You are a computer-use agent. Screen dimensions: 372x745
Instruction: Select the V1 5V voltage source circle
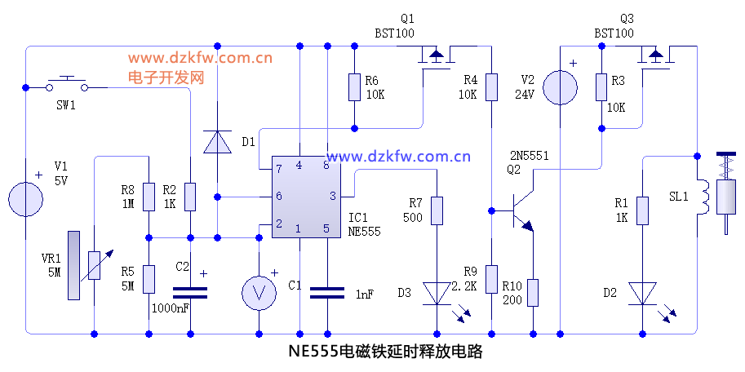[25, 199]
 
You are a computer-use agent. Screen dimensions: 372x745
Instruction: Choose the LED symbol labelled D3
[437, 293]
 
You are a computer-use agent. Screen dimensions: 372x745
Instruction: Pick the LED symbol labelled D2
[642, 293]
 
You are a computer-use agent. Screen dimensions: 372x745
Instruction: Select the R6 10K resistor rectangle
[354, 87]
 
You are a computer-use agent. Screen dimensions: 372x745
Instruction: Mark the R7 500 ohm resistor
[437, 210]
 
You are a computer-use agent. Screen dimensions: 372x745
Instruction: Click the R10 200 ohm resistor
[532, 292]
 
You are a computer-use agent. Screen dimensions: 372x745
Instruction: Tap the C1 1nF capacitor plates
[327, 293]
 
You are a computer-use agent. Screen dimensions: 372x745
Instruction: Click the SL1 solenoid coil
[700, 196]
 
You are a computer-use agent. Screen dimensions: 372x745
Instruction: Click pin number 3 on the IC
[332, 196]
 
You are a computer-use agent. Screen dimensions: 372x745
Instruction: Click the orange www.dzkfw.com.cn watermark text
[200, 58]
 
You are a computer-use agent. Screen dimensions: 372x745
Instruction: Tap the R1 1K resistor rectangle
[642, 210]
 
